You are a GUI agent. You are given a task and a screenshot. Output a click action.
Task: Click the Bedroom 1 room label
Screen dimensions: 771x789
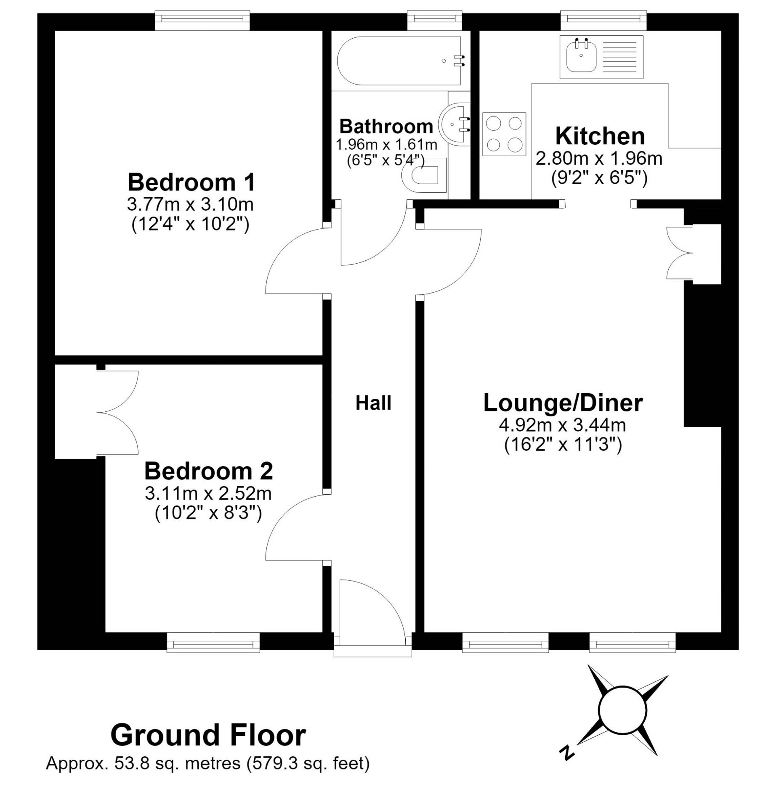tap(191, 183)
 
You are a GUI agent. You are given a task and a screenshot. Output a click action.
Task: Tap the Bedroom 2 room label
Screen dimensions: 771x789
tap(209, 471)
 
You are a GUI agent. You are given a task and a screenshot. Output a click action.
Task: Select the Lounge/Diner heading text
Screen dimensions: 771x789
tap(563, 403)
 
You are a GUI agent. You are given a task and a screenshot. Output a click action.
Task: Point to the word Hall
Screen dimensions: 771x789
tap(373, 403)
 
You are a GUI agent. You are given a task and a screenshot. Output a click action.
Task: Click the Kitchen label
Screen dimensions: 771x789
tap(600, 136)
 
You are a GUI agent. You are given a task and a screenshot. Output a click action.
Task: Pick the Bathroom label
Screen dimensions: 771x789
tap(386, 126)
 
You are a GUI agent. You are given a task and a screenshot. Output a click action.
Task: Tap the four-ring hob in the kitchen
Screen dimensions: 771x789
tap(504, 134)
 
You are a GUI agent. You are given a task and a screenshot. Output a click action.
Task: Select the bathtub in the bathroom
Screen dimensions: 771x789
tap(401, 61)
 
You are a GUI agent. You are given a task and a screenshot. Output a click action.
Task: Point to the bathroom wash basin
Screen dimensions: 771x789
tap(455, 124)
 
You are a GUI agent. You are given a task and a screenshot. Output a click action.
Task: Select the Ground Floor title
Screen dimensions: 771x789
tap(208, 734)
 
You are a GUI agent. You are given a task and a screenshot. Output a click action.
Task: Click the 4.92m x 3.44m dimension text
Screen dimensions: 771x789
tap(562, 425)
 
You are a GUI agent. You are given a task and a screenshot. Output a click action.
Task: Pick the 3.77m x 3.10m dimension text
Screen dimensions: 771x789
tap(190, 205)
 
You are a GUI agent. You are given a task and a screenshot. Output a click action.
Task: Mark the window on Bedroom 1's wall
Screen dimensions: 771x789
tap(202, 21)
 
